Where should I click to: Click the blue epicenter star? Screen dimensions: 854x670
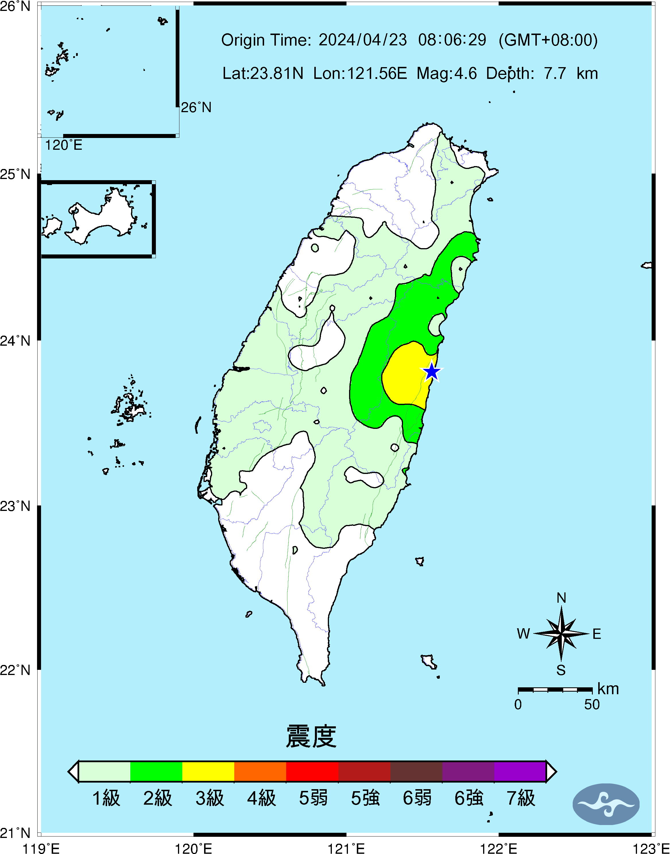(x=431, y=371)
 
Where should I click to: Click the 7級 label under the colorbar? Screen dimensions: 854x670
(x=520, y=798)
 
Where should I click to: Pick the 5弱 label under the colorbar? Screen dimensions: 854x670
(x=313, y=798)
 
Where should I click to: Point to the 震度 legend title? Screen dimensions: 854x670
(x=311, y=736)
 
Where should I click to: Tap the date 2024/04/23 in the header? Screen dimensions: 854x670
(x=363, y=40)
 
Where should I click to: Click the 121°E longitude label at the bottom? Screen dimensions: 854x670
(x=346, y=849)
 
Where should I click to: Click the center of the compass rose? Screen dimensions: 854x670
(x=561, y=633)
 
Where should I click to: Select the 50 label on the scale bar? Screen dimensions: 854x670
(x=592, y=705)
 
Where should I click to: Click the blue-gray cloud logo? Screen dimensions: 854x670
(x=606, y=804)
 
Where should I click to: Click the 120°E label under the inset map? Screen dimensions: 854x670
(x=63, y=145)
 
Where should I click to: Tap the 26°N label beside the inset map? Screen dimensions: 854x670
(x=196, y=107)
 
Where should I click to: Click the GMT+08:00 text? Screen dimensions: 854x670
(x=548, y=40)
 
